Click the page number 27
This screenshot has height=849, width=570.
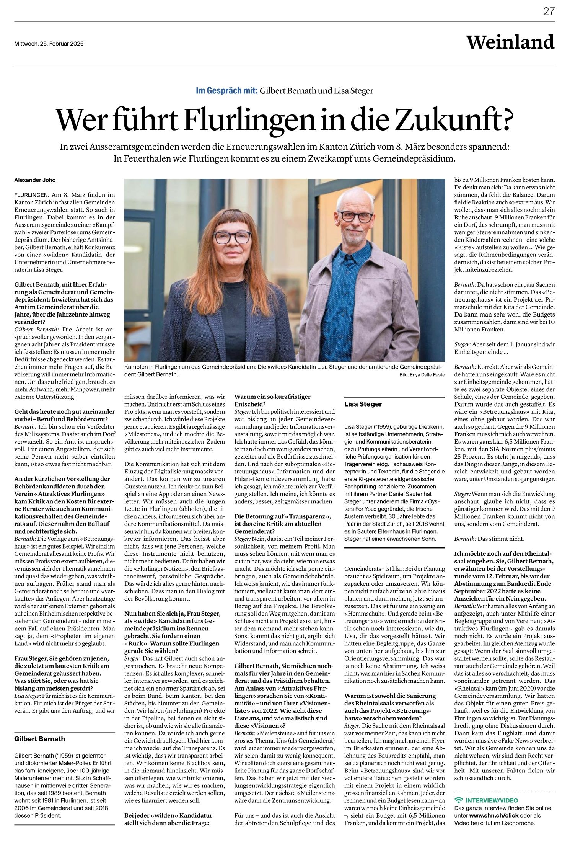[549, 11]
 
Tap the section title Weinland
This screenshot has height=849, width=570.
[510, 42]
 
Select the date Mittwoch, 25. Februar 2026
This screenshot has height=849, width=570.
[49, 44]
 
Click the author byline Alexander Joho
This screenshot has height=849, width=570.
[35, 180]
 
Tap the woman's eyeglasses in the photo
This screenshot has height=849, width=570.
[232, 237]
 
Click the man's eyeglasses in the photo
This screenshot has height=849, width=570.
[355, 217]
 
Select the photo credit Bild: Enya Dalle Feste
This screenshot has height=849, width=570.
[422, 375]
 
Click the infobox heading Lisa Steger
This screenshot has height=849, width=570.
[363, 404]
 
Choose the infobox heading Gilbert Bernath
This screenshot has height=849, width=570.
[39, 739]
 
